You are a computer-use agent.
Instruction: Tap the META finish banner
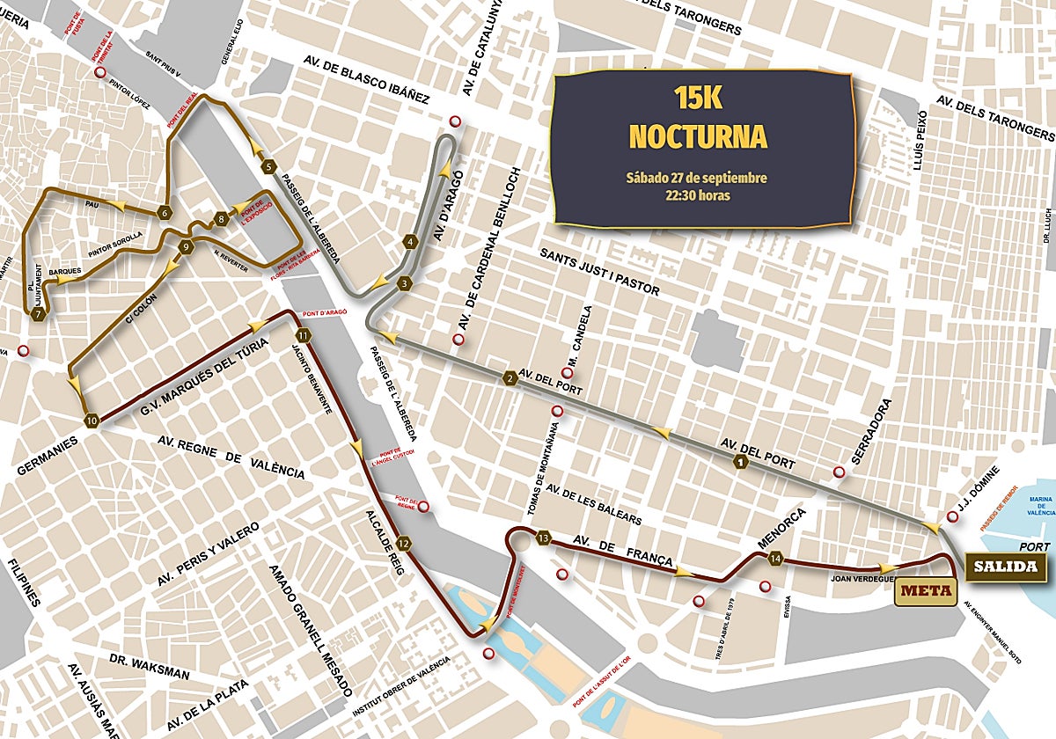point(927,590)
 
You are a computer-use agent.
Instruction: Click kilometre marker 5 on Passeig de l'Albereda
point(268,165)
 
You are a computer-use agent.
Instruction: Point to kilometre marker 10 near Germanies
point(92,421)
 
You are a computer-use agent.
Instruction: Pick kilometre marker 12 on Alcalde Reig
point(403,543)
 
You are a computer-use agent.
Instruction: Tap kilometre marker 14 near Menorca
point(775,558)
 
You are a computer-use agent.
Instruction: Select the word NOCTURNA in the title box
point(698,136)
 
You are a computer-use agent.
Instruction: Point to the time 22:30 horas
point(697,195)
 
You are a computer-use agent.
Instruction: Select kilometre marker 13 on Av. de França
point(544,538)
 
